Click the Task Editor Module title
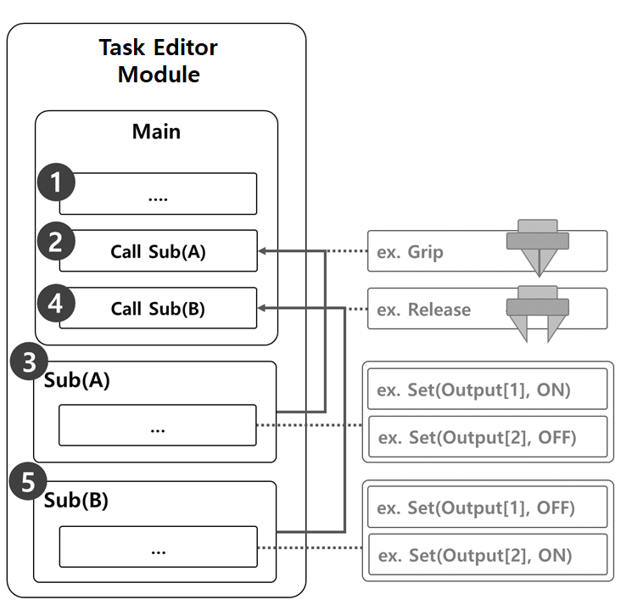click(x=158, y=60)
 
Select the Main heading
click(x=156, y=132)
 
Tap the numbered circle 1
click(x=56, y=183)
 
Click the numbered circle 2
click(x=56, y=241)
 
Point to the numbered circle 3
click(x=28, y=362)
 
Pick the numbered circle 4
click(x=56, y=302)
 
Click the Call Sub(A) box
click(x=158, y=251)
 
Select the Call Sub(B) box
click(x=158, y=308)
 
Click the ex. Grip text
click(x=410, y=252)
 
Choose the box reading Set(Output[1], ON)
click(x=487, y=390)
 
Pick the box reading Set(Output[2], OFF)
click(x=487, y=437)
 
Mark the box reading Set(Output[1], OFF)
click(x=487, y=508)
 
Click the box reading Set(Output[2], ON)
click(x=487, y=555)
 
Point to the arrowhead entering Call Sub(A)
click(x=263, y=251)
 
